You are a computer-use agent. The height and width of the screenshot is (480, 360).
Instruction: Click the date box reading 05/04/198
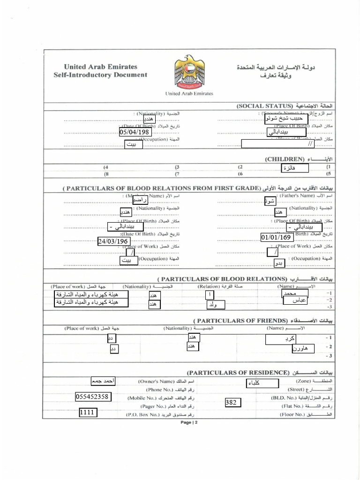pos(135,132)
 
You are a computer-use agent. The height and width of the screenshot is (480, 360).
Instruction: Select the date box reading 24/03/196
pos(113,241)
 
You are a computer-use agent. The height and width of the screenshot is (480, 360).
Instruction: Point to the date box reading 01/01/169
pos(277,237)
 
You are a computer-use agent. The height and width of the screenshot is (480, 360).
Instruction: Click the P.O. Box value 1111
pos(88,412)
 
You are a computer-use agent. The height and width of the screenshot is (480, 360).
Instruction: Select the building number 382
pos(233,402)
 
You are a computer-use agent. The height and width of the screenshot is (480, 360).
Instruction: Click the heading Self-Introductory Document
pos(100,75)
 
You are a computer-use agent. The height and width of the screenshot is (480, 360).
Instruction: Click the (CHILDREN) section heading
pos(285,159)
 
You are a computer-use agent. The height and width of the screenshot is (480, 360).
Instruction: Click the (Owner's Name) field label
pos(157,382)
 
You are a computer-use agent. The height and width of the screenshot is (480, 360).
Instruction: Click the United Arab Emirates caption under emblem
pos(189,93)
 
